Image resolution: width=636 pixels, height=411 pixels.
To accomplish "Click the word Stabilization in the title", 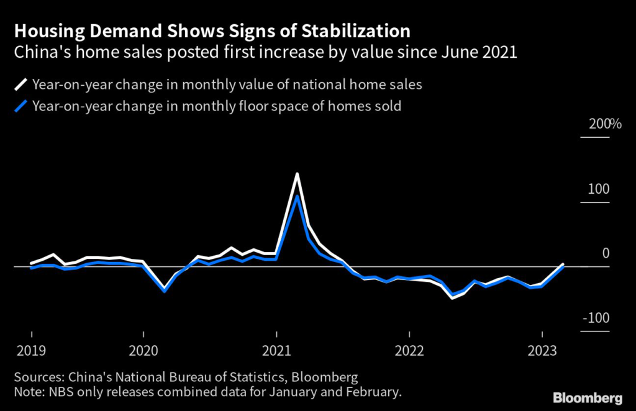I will tap(350, 31).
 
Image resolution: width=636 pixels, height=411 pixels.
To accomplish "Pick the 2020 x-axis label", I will tap(143, 351).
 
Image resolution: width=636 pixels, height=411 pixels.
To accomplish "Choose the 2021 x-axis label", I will tap(276, 351).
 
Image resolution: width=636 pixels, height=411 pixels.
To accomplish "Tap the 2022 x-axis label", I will tap(409, 351).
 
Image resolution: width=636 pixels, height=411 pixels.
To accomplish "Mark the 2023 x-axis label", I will tap(542, 351).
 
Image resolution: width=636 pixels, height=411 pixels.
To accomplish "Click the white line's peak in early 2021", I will tap(298, 174).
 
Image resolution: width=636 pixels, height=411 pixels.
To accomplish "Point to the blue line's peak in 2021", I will tap(298, 197).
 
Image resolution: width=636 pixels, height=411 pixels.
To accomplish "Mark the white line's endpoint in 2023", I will tap(563, 264).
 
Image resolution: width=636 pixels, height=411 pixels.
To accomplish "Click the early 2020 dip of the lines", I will tap(165, 290).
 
